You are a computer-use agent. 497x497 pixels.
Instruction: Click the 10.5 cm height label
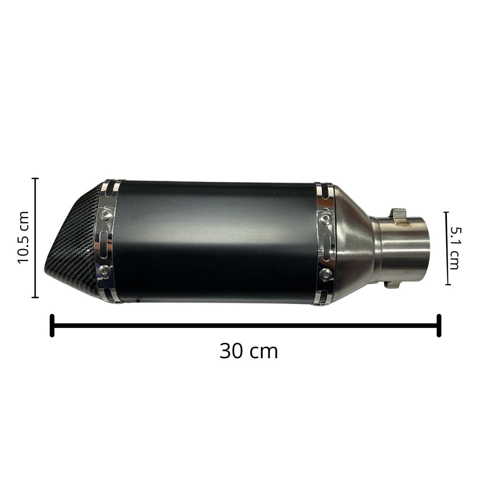point(23,238)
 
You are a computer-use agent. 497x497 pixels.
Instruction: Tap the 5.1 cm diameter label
point(454,248)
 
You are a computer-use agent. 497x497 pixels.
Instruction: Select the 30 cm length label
point(248,351)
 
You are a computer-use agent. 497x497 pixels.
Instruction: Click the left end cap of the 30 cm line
point(52,326)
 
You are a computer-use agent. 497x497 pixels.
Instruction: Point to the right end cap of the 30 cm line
point(439,326)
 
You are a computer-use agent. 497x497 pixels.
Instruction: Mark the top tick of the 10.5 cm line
point(35,178)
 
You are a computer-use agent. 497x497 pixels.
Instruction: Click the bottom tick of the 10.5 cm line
point(35,297)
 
